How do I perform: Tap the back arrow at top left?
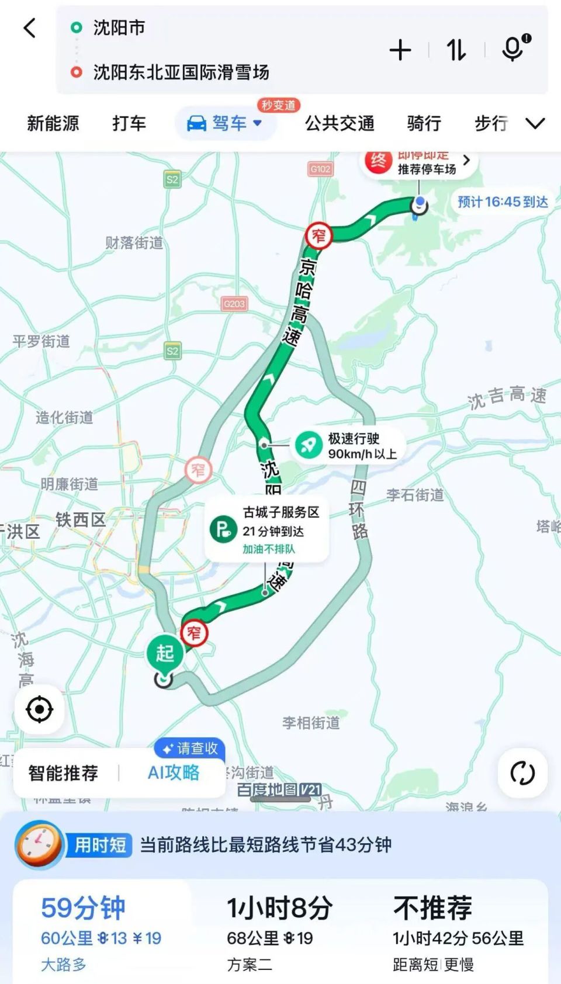(x=30, y=27)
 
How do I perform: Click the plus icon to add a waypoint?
(x=400, y=50)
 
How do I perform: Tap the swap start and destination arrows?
(x=456, y=50)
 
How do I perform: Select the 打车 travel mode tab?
(x=129, y=123)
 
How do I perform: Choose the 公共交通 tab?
(x=340, y=123)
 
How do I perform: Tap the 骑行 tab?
(x=424, y=123)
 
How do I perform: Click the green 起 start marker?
(x=165, y=653)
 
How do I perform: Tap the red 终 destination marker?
(x=378, y=161)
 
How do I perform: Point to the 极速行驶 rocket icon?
(x=309, y=445)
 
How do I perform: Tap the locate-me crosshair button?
(x=40, y=709)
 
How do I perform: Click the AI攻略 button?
(x=174, y=772)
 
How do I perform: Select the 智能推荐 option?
(x=64, y=772)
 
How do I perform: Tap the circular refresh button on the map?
(x=522, y=773)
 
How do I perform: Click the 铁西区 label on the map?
(x=81, y=519)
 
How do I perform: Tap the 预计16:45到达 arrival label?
(x=503, y=202)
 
